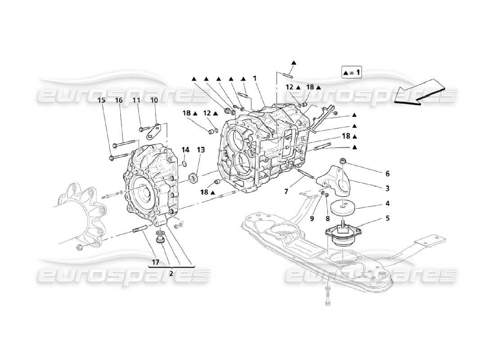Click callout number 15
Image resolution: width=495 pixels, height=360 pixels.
click(102, 100)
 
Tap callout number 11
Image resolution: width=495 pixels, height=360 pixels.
click(136, 100)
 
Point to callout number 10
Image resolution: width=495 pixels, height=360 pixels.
click(154, 100)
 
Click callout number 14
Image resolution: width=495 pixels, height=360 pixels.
click(186, 150)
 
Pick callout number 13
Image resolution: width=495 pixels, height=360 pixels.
click(200, 150)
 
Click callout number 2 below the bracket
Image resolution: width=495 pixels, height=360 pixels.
click(171, 272)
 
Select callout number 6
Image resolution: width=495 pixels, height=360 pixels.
click(387, 173)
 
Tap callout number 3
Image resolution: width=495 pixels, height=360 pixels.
click(387, 188)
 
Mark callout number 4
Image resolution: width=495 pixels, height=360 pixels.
click(387, 203)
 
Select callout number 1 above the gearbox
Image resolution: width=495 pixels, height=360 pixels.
click(255, 78)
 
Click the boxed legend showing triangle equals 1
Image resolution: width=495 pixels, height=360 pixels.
click(351, 72)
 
